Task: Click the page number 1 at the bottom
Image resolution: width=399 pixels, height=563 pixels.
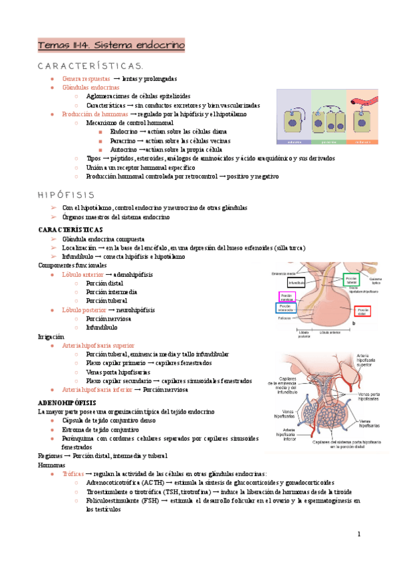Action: coord(359,534)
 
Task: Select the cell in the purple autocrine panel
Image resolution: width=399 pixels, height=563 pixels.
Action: coord(293,122)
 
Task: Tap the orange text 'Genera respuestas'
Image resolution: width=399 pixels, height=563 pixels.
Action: coord(86,78)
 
